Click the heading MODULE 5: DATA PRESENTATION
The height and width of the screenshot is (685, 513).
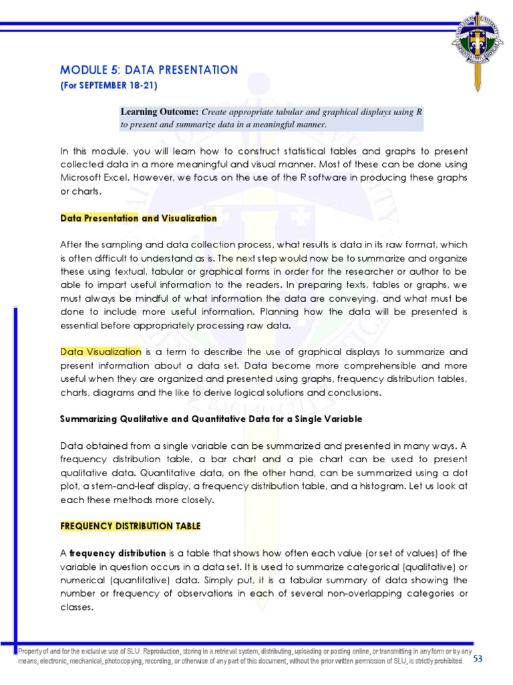click(149, 70)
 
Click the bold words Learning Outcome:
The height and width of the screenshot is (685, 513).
click(160, 112)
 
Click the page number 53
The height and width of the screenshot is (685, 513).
click(478, 659)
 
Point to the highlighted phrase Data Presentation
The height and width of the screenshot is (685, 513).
click(99, 218)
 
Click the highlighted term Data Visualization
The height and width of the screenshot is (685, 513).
click(101, 351)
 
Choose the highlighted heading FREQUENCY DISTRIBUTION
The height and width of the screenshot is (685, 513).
click(116, 526)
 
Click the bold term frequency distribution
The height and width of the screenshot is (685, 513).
click(118, 553)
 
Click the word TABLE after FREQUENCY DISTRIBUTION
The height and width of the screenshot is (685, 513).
click(188, 526)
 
